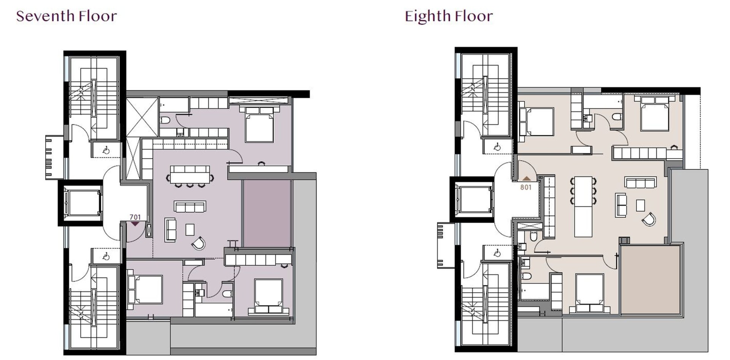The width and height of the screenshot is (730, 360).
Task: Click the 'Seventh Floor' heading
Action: point(66,16)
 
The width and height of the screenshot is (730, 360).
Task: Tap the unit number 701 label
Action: point(135,217)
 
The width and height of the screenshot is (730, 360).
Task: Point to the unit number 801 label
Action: point(526,187)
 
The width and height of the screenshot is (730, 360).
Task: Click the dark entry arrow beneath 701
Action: point(135,224)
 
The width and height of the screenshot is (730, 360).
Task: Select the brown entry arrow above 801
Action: point(527,178)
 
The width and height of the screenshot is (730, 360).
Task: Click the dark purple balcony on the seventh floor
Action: point(267,213)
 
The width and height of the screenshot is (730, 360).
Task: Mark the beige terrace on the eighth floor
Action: point(650,280)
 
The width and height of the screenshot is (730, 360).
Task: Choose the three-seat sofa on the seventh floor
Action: point(190,206)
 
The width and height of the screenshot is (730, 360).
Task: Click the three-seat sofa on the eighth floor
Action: point(640,182)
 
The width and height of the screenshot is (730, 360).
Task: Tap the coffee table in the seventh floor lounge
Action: point(190,230)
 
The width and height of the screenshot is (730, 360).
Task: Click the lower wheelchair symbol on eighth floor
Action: point(497,254)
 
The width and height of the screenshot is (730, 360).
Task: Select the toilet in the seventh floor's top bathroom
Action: point(165,121)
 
